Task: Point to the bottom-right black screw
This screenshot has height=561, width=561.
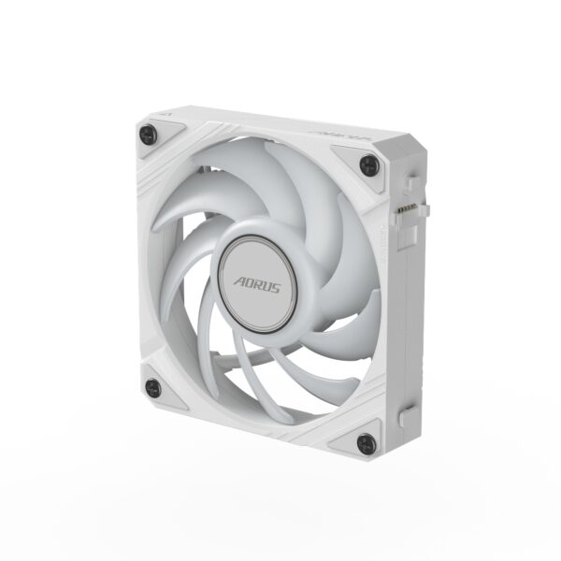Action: click(367, 443)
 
